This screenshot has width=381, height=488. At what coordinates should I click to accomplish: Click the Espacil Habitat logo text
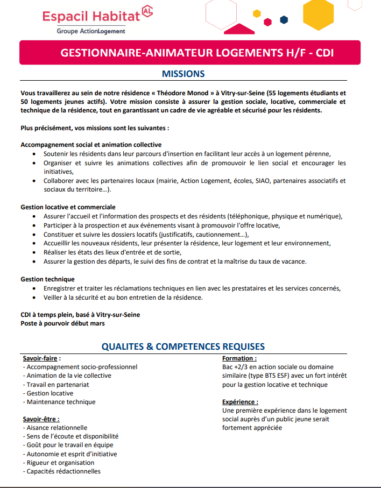click(x=91, y=16)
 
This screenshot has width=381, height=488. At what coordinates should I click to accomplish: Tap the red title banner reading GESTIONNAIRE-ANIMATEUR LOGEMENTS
click(x=189, y=53)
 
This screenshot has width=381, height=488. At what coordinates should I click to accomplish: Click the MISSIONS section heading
click(x=183, y=74)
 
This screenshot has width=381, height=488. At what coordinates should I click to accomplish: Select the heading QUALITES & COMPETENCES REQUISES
click(x=183, y=346)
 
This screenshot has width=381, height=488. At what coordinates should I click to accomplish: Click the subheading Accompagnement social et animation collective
click(x=91, y=145)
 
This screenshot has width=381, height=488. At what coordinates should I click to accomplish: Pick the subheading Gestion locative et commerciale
click(x=68, y=207)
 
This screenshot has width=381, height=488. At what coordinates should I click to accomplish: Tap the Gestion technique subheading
click(x=47, y=279)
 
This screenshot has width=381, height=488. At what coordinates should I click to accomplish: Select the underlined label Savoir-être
click(x=41, y=419)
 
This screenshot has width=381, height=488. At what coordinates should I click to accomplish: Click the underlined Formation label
click(x=239, y=358)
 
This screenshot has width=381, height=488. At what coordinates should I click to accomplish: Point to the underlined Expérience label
click(x=240, y=401)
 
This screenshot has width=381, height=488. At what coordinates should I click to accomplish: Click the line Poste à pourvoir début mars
click(x=62, y=323)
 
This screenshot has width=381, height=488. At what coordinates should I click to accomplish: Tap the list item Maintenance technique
click(x=59, y=402)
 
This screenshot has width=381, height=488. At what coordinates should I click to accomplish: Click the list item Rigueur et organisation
click(x=59, y=463)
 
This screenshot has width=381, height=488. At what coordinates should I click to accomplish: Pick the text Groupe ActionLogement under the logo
click(x=91, y=31)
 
